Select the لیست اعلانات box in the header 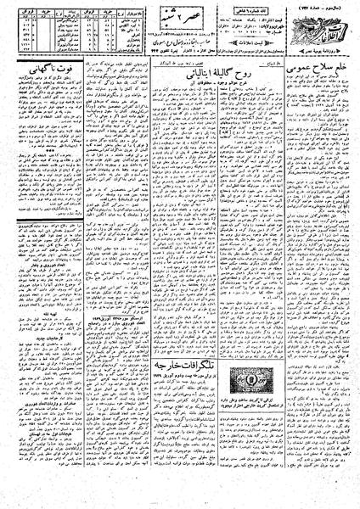pos(254,39)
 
